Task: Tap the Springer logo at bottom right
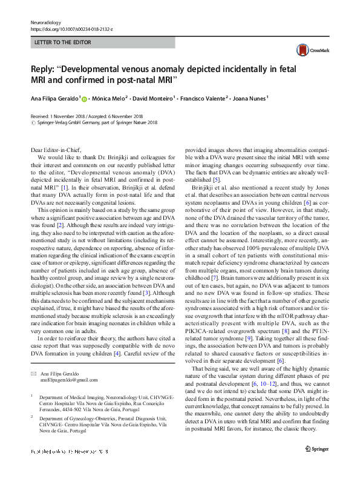[317, 466]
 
